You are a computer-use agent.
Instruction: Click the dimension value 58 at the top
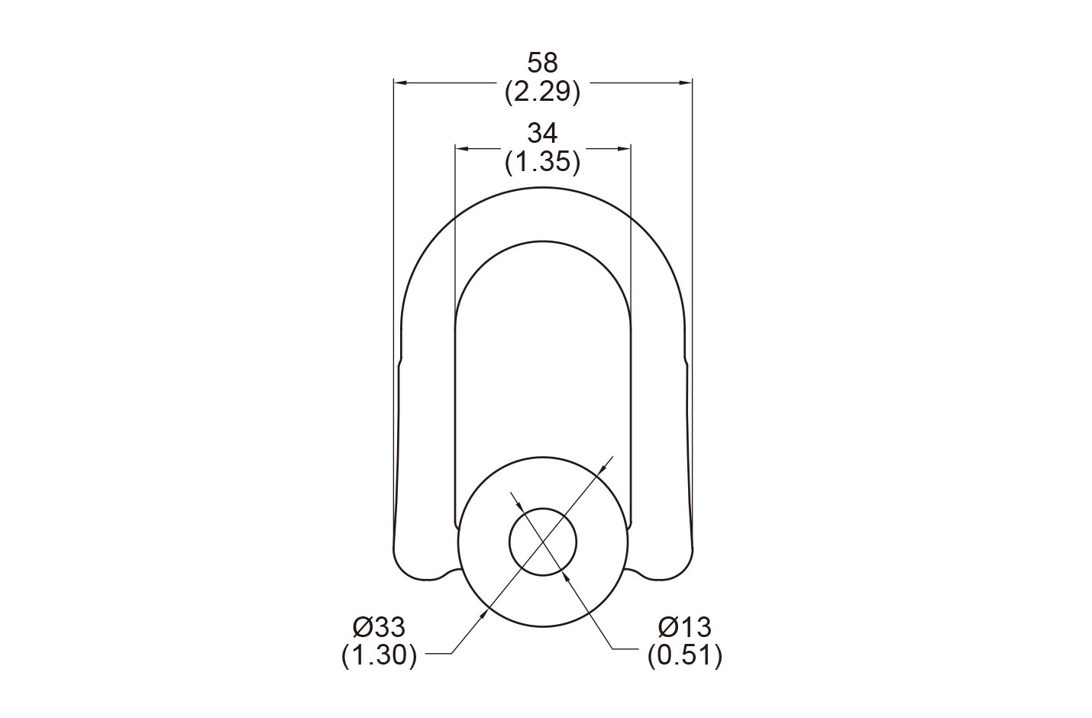coord(542,63)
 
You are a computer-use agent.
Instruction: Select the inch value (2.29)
coord(542,92)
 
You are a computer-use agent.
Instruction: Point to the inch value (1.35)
coord(542,162)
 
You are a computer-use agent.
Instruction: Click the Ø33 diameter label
coord(380,627)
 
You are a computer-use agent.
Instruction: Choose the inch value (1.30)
coord(380,655)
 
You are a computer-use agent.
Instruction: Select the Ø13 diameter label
coord(684,627)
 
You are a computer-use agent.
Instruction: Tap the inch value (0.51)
coord(684,655)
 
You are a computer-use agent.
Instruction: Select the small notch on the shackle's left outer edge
coord(401,360)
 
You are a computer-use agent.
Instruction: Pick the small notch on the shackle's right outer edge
coord(685,360)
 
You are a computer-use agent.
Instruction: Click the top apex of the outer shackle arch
coord(543,186)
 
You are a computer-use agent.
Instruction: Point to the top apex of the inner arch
coord(543,243)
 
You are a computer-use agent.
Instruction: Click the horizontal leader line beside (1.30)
coord(438,654)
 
